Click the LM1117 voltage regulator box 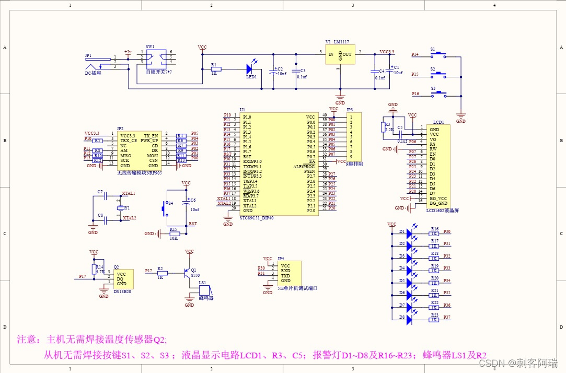340,54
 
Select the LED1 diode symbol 250,68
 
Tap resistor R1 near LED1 215,69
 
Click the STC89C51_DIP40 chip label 257,218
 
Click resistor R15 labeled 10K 175,234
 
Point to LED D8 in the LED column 409,320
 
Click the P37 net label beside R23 447,317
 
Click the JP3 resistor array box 354,137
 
